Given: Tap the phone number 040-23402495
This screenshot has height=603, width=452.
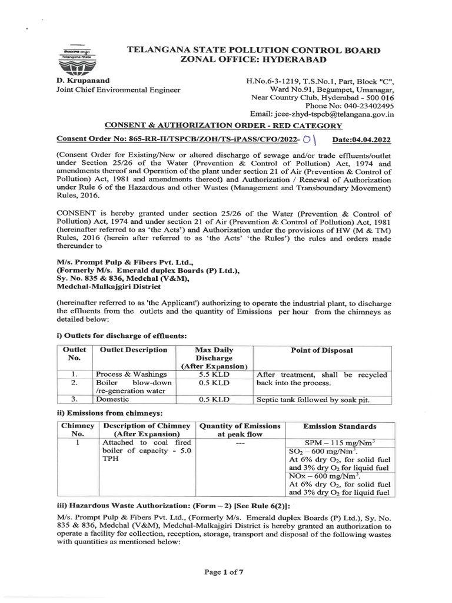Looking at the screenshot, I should click(358, 105).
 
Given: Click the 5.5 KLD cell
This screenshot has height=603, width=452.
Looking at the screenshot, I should click(210, 375).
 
